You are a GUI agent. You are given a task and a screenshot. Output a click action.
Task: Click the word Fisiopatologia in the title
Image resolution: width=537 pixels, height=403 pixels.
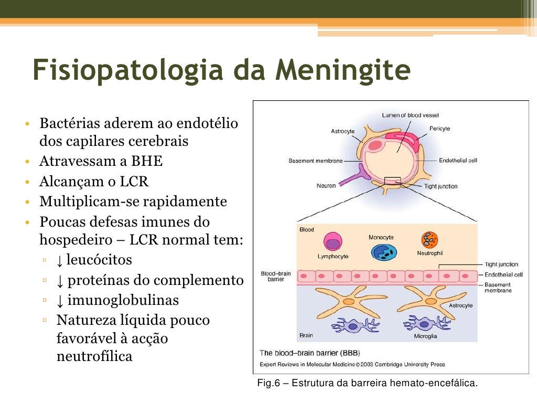[124, 70]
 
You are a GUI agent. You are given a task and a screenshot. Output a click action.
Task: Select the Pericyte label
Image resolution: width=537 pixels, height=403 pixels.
[439, 129]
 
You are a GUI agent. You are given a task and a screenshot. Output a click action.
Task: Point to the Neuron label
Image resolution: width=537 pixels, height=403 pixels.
[326, 186]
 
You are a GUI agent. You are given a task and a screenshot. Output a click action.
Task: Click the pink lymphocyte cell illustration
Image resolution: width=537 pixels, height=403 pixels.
[333, 242]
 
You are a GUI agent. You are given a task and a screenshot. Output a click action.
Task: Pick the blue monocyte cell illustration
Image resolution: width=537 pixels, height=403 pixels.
[384, 251]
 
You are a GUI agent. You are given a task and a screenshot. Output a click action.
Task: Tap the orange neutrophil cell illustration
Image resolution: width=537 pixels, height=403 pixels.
[429, 240]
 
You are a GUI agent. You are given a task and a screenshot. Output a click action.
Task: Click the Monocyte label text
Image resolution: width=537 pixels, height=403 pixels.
[381, 237]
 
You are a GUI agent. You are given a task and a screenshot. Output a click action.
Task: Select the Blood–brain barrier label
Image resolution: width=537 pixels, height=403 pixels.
[276, 277]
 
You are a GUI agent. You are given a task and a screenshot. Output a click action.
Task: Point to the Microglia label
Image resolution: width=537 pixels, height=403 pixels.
[425, 336]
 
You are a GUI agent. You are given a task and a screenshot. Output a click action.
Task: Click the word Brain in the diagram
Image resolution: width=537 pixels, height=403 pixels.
[306, 335]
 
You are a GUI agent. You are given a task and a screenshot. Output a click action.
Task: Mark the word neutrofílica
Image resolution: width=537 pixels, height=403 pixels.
[94, 357]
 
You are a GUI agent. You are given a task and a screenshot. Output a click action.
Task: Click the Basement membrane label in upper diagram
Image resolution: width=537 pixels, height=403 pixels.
[315, 161]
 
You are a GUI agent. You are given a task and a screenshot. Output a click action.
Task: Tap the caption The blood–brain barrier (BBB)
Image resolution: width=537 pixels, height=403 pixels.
[310, 353]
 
